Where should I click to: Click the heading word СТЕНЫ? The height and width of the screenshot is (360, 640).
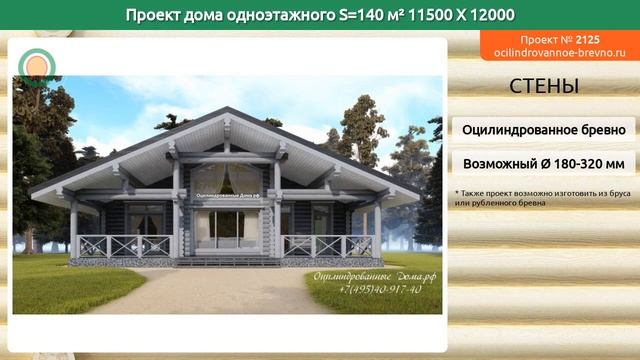click(x=543, y=87)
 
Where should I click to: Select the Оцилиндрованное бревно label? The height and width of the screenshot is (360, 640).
click(x=543, y=129)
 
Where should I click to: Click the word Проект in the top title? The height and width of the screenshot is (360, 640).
click(x=157, y=14)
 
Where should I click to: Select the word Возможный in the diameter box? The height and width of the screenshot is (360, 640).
click(x=499, y=163)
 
